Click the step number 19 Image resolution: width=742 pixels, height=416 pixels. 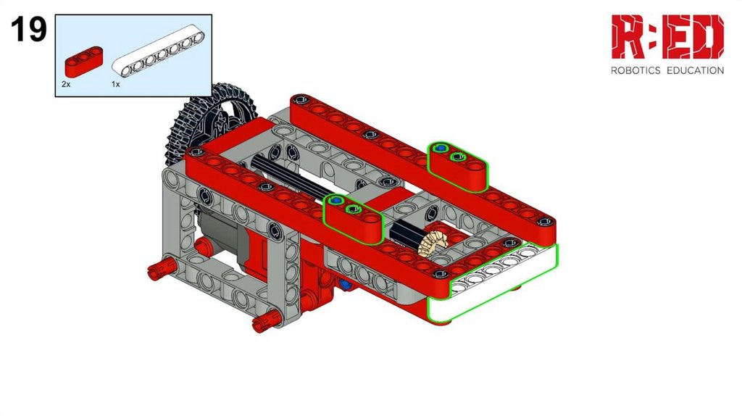tap(29, 29)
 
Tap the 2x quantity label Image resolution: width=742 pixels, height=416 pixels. tap(66, 84)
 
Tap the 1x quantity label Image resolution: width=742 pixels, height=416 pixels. tap(115, 84)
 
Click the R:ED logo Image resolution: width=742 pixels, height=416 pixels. tap(667, 36)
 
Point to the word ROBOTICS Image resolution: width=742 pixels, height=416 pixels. tap(635, 70)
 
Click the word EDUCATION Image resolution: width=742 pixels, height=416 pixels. tap(695, 70)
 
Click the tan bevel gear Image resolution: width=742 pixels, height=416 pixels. tap(434, 242)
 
